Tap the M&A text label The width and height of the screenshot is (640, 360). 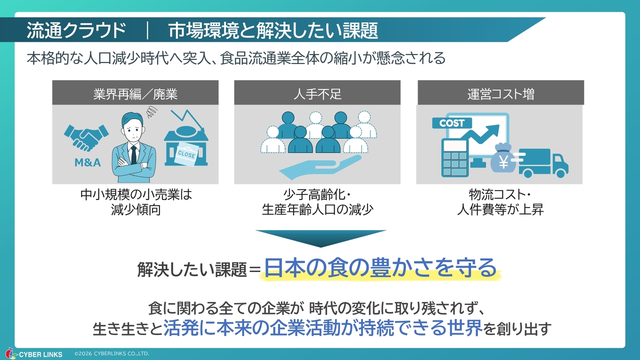87,162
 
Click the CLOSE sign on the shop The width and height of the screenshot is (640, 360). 186,154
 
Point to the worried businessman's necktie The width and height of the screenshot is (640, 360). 133,154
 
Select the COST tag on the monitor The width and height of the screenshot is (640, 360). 452,123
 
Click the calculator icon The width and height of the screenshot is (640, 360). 455,157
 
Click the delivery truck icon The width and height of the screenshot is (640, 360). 543,163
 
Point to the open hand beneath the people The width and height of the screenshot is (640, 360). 320,167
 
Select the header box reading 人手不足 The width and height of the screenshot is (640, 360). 317,92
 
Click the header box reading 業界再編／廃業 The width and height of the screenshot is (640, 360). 135,92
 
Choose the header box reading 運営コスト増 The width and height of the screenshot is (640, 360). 500,92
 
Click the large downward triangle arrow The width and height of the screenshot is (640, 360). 320,237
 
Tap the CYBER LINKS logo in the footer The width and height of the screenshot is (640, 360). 34,354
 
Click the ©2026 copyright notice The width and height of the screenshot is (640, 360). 111,353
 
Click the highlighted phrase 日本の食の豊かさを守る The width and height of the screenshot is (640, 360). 380,268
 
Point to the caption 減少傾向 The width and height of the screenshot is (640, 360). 135,209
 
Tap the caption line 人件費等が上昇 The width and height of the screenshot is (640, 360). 500,209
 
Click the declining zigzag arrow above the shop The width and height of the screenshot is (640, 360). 187,120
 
